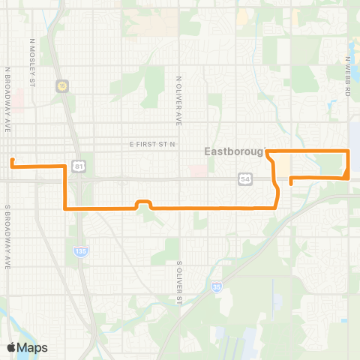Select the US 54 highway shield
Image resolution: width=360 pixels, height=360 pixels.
[245, 178]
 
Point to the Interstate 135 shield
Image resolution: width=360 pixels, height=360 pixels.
[79, 250]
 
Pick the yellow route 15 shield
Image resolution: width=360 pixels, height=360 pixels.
[62, 85]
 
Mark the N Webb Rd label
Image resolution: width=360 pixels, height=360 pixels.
[349, 76]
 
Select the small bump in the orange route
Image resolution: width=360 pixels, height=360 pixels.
[143, 202]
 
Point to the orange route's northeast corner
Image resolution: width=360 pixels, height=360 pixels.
[349, 152]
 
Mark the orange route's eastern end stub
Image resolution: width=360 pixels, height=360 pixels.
[291, 181]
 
